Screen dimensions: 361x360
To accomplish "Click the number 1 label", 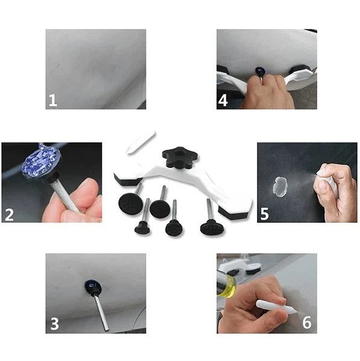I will (x=53, y=100).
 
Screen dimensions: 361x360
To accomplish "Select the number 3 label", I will (x=55, y=324).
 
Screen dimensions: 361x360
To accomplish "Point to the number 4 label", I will (x=223, y=100).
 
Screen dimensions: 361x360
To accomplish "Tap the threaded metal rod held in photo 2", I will (x=64, y=193).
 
